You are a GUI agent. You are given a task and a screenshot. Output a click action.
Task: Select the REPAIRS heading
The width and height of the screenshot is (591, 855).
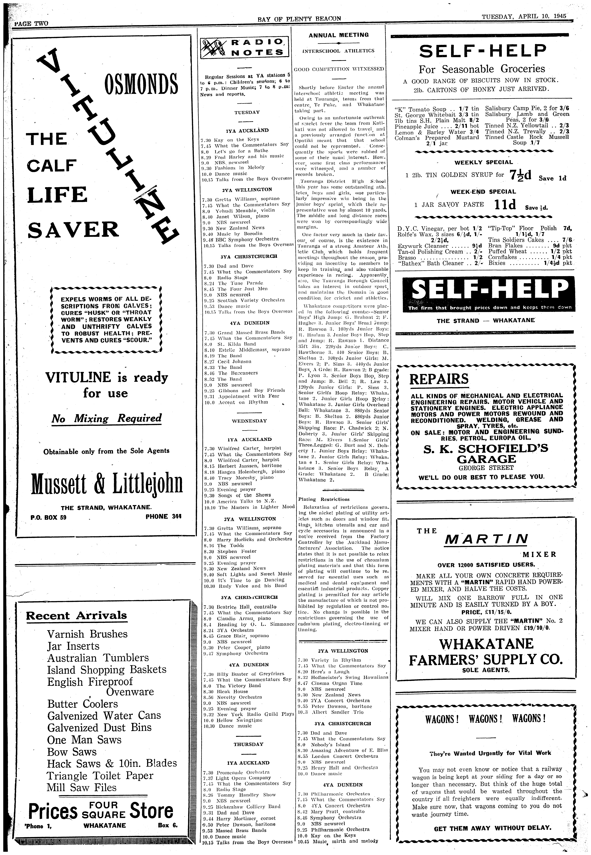439,379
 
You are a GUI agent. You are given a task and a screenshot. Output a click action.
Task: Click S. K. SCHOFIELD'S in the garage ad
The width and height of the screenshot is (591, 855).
486,449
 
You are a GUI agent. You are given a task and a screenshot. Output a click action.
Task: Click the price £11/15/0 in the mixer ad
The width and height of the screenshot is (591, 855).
486,613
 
